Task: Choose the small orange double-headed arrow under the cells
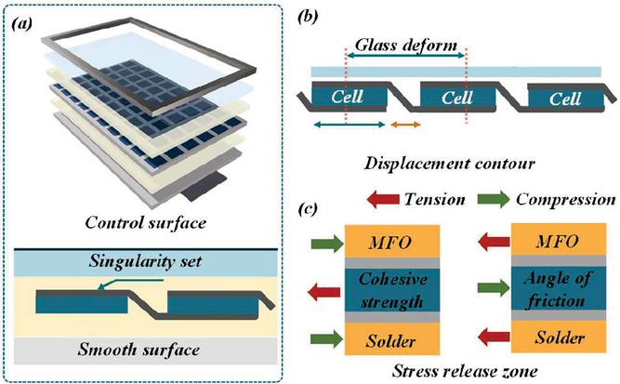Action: click(404, 124)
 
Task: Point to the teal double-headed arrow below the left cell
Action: click(350, 124)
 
